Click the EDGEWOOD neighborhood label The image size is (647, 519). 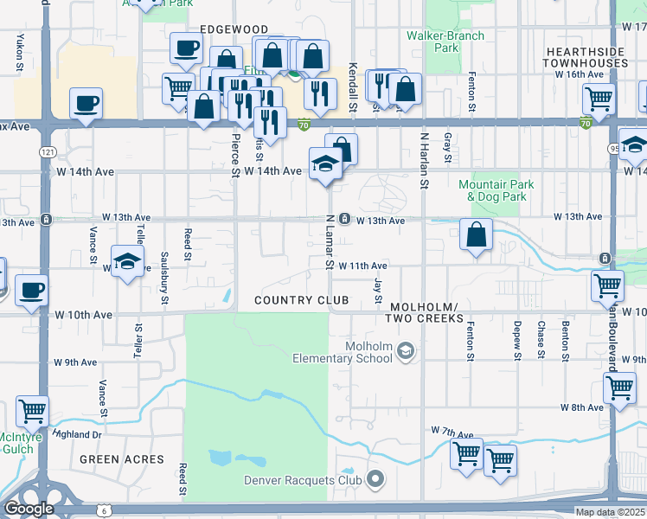pyautogui.click(x=234, y=29)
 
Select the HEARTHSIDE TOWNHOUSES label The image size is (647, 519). pyautogui.click(x=586, y=57)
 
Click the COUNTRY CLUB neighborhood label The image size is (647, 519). pyautogui.click(x=301, y=300)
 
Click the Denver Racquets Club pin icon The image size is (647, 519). pyautogui.click(x=375, y=478)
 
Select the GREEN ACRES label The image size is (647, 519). pyautogui.click(x=122, y=459)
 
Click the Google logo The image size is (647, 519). pyautogui.click(x=29, y=509)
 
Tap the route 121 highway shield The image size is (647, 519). pyautogui.click(x=42, y=151)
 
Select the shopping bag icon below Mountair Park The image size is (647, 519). pyautogui.click(x=476, y=234)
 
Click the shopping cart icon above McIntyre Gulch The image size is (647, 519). pyautogui.click(x=32, y=411)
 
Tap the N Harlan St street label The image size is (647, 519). pyautogui.click(x=424, y=161)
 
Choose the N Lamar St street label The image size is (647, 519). pyautogui.click(x=330, y=241)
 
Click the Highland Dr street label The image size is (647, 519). pyautogui.click(x=76, y=434)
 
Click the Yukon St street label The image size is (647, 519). pyautogui.click(x=18, y=51)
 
